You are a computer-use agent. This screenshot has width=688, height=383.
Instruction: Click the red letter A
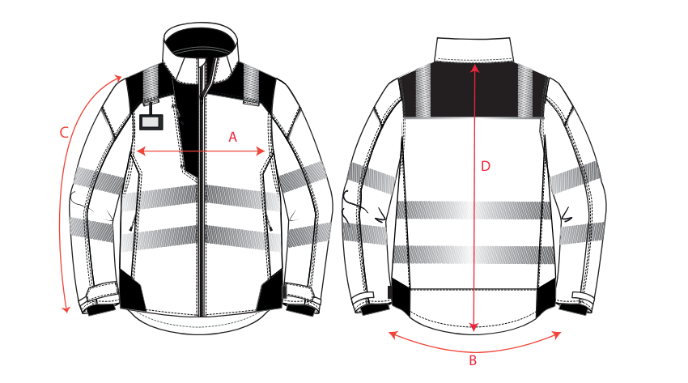pyautogui.click(x=232, y=138)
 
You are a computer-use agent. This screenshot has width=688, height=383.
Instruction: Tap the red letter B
pyautogui.click(x=473, y=360)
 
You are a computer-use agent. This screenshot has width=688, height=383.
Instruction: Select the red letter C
pyautogui.click(x=64, y=133)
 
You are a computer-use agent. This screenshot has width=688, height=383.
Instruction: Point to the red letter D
pyautogui.click(x=486, y=166)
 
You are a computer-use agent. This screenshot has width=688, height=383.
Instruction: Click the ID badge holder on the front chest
pyautogui.click(x=151, y=121)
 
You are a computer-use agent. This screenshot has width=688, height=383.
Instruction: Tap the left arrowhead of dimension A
pyautogui.click(x=141, y=151)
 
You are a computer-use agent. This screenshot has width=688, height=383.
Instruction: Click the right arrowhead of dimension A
pyautogui.click(x=261, y=151)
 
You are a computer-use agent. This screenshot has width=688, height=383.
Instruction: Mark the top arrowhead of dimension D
pyautogui.click(x=474, y=69)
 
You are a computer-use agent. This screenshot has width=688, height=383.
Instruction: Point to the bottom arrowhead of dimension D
pyautogui.click(x=474, y=327)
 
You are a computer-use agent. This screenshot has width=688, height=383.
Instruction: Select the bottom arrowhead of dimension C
pyautogui.click(x=66, y=309)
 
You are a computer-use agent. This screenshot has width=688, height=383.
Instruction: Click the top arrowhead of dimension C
pyautogui.click(x=117, y=78)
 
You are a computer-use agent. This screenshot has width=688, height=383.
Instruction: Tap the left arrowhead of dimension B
pyautogui.click(x=393, y=335)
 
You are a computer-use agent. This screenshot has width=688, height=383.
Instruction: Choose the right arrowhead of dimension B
pyautogui.click(x=557, y=335)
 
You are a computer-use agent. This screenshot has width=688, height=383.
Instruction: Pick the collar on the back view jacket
pyautogui.click(x=474, y=49)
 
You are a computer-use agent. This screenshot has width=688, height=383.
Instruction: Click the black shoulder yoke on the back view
pyautogui.click(x=474, y=90)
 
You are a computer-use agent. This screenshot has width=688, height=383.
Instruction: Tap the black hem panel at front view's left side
pyautogui.click(x=132, y=291)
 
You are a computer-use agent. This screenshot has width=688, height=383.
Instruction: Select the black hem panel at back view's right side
pyautogui.click(x=545, y=297)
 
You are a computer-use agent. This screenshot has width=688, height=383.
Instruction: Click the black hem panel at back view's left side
pyautogui.click(x=400, y=296)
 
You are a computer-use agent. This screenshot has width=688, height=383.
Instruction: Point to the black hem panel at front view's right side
pyautogui.click(x=270, y=290)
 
